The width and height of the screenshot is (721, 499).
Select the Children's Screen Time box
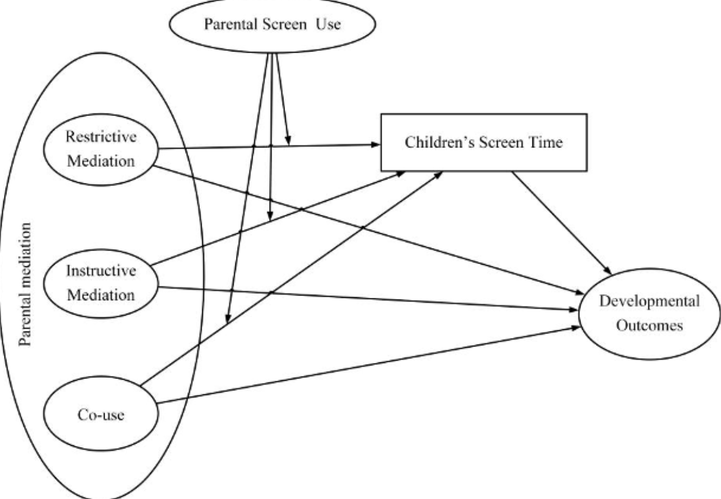[x=483, y=142]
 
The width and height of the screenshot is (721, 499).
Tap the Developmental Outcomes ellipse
[x=649, y=314]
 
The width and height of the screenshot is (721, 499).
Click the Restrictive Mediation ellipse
[x=101, y=149]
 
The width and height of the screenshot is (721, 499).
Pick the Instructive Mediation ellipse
[x=101, y=282]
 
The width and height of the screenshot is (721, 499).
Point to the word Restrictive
[x=101, y=137]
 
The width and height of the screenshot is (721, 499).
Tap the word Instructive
[x=101, y=270]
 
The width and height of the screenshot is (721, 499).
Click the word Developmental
[x=649, y=302]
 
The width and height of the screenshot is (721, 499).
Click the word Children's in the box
[x=434, y=142]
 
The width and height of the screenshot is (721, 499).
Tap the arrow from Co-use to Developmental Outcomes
[x=366, y=366]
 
